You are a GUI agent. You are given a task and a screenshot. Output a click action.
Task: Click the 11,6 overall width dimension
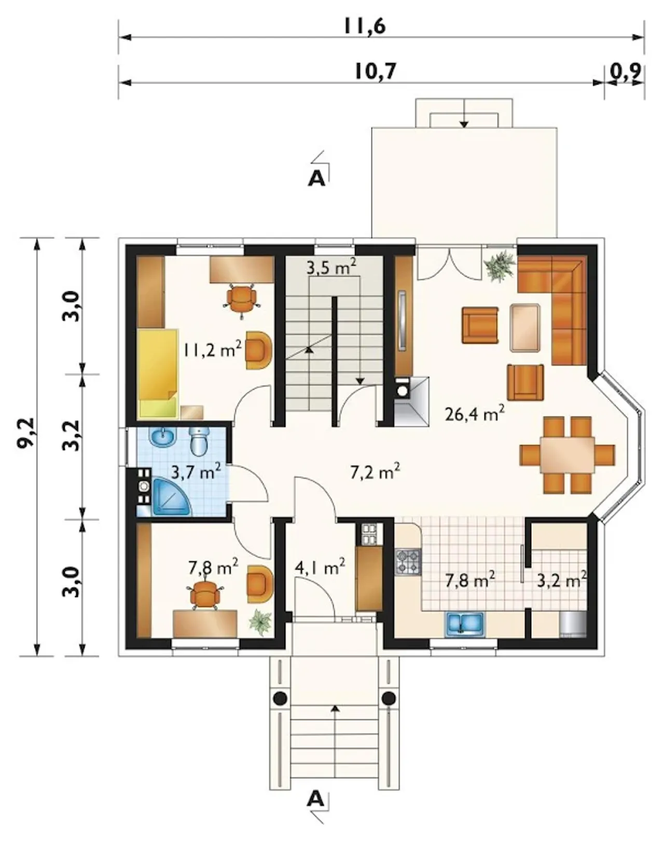365,26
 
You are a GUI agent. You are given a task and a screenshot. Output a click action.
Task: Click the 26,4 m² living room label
475,413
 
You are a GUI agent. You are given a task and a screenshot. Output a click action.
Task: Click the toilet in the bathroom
200,441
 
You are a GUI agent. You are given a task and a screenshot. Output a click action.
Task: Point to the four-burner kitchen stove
409,561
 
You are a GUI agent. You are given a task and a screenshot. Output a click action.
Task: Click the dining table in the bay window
568,454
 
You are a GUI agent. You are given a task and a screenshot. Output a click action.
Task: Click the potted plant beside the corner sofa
499,266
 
